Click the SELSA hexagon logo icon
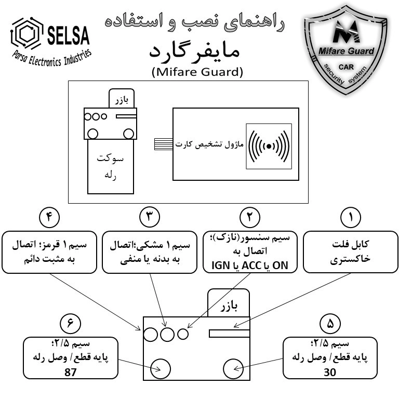26,33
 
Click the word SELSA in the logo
68,36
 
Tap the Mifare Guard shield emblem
345,50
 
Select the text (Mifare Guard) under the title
197,72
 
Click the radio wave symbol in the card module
269,146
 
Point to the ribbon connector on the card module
164,144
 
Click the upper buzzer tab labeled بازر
122,99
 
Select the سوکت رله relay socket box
111,166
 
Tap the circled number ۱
350,217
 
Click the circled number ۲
250,217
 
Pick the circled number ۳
150,217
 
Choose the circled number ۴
49,217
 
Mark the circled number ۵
330,324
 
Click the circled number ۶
70,324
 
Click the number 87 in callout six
71,373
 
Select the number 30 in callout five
330,373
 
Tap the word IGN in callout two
221,265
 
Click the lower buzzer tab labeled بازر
229,303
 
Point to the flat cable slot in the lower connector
229,334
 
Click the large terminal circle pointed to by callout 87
161,369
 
